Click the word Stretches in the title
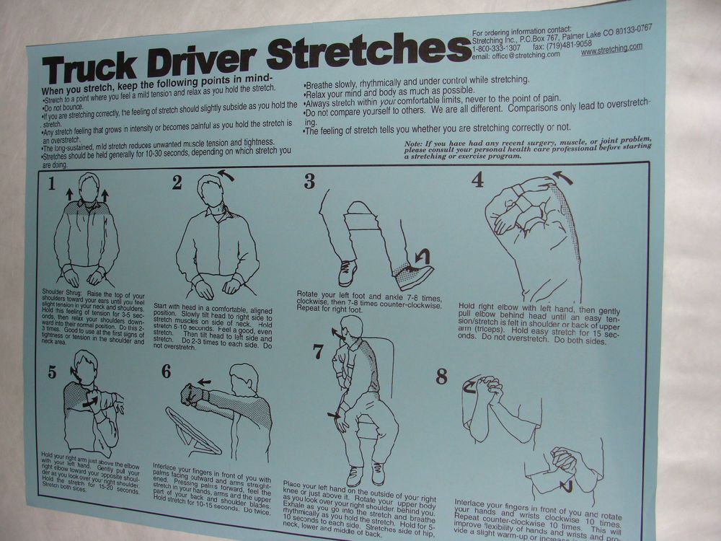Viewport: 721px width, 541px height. (x=368, y=51)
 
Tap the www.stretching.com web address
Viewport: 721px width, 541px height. (x=611, y=49)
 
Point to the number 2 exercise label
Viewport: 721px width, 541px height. (x=177, y=182)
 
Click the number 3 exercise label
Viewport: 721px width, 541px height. (x=309, y=181)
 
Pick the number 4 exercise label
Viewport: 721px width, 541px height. (x=477, y=179)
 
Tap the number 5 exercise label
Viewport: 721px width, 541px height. (x=52, y=371)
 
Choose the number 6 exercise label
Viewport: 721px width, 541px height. (x=167, y=371)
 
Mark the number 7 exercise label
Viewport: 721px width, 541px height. (x=318, y=351)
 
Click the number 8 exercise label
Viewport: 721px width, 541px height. (x=441, y=376)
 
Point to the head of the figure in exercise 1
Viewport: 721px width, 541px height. (x=89, y=189)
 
